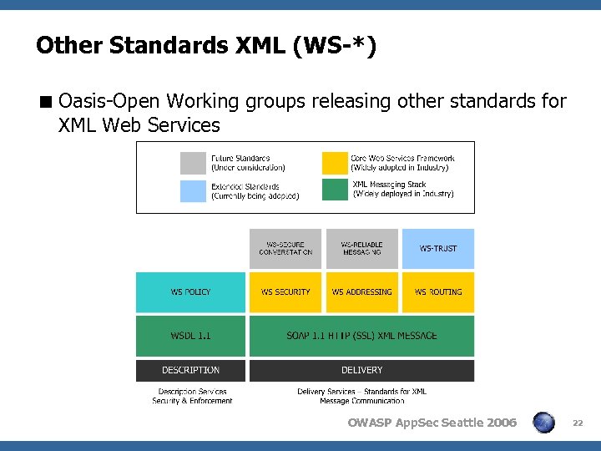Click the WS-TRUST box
click(438, 248)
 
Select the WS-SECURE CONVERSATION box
click(285, 248)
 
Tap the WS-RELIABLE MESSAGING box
click(361, 248)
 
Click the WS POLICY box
click(190, 292)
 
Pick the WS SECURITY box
click(285, 292)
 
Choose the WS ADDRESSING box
click(361, 292)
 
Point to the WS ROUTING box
click(438, 292)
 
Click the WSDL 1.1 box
click(190, 336)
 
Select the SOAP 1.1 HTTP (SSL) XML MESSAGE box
click(361, 336)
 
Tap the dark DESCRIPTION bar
click(190, 370)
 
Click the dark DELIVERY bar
click(361, 370)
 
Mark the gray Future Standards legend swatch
click(193, 162)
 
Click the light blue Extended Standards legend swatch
click(193, 190)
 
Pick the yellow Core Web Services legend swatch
click(335, 162)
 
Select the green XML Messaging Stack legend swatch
click(335, 189)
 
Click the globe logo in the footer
click(544, 423)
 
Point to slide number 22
click(577, 423)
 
